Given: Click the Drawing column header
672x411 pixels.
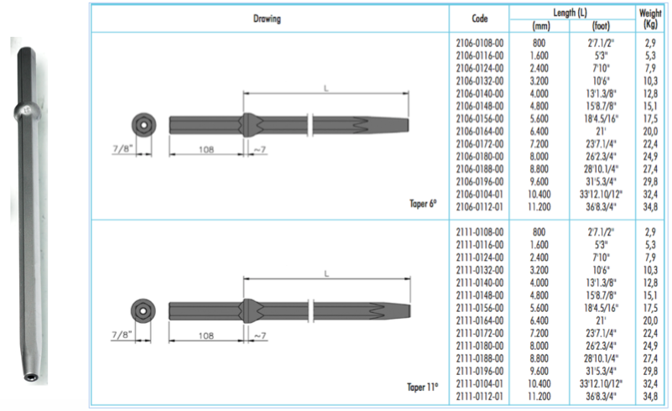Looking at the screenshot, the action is [267, 18].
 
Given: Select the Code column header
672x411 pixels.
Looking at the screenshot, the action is [480, 18].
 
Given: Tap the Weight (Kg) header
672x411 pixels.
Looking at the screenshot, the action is [650, 18].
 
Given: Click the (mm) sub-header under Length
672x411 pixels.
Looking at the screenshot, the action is [541, 26].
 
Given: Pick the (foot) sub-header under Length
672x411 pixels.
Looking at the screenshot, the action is [601, 26].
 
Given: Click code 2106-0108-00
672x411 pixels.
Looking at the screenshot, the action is [480, 44].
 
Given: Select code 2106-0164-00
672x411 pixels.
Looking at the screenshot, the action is [480, 132].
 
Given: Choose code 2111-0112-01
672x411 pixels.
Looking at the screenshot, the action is [480, 397].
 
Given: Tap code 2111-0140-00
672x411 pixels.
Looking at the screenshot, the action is [480, 283].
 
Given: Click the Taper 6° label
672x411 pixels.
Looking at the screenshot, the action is [423, 204].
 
